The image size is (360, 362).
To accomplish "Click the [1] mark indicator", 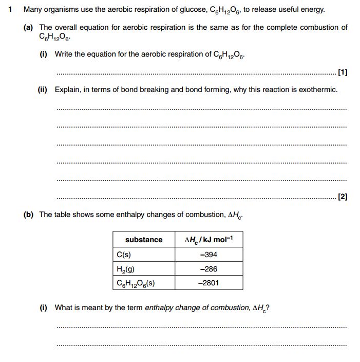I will [343, 73].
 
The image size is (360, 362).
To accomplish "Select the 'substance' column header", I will [144, 240].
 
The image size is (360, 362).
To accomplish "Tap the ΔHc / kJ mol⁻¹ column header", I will [208, 240].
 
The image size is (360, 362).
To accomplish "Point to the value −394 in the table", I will [208, 255].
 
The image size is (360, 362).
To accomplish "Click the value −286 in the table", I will [208, 268].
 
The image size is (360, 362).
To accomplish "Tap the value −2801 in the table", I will [208, 283].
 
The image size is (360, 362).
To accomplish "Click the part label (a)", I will [29, 27].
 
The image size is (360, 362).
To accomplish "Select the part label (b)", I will [29, 214].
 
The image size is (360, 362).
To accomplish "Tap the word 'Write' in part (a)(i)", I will [64, 54].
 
